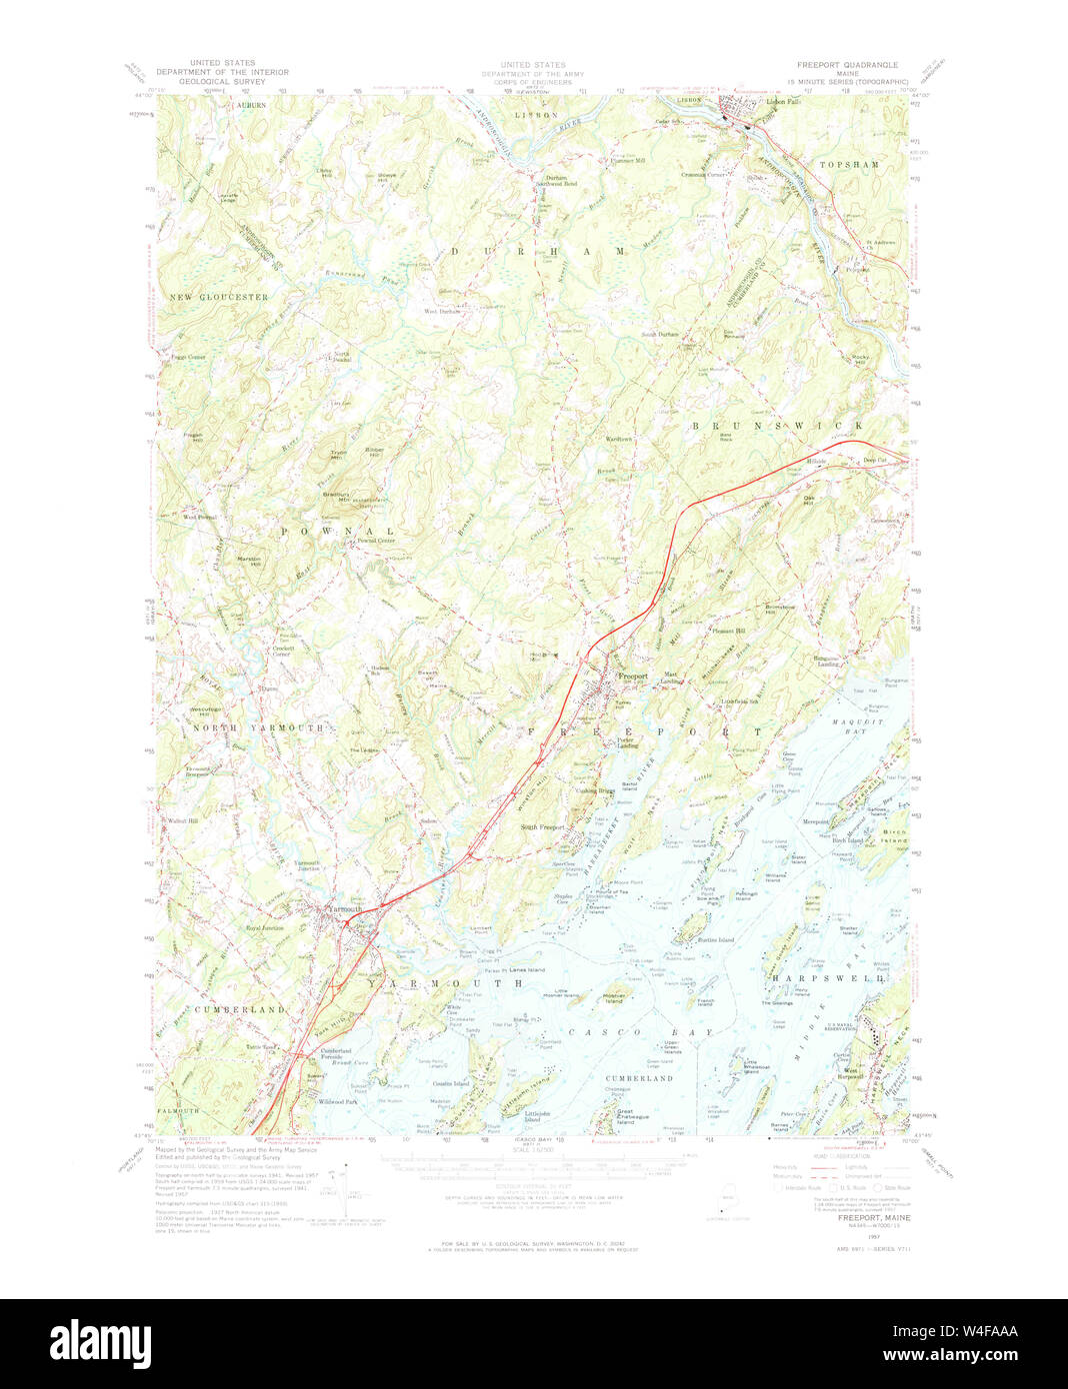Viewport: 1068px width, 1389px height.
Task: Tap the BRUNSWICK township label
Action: point(778,426)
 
